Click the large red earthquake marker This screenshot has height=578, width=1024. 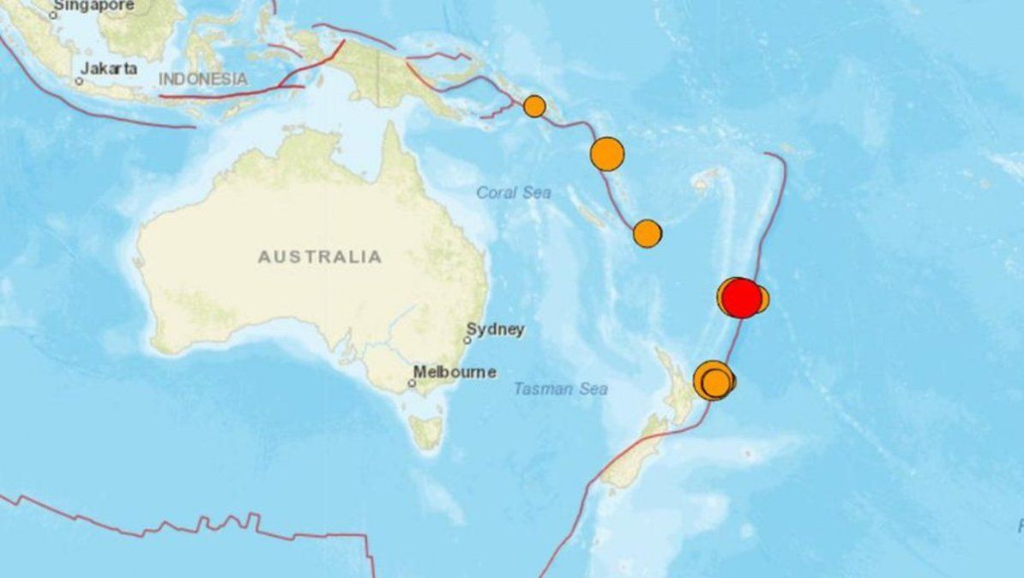tap(742, 299)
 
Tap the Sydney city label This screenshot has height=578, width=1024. tap(495, 328)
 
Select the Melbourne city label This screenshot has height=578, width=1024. tap(455, 372)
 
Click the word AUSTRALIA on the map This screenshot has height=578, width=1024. tap(320, 256)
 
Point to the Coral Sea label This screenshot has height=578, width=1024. tap(514, 193)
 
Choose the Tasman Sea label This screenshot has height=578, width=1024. tap(561, 389)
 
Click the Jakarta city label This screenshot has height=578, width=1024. tap(110, 69)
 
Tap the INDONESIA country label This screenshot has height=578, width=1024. tap(203, 79)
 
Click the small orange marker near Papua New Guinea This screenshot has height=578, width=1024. tap(534, 106)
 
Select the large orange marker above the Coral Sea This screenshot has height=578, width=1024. tap(607, 154)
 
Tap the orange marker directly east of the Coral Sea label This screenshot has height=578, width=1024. tap(648, 232)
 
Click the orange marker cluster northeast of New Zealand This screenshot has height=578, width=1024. tap(714, 380)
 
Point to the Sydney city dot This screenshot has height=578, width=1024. tap(467, 340)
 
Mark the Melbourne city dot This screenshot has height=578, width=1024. tap(412, 383)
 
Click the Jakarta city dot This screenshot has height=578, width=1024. tap(79, 81)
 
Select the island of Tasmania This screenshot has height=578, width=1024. tap(426, 431)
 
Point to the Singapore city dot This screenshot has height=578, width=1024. tap(53, 15)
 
